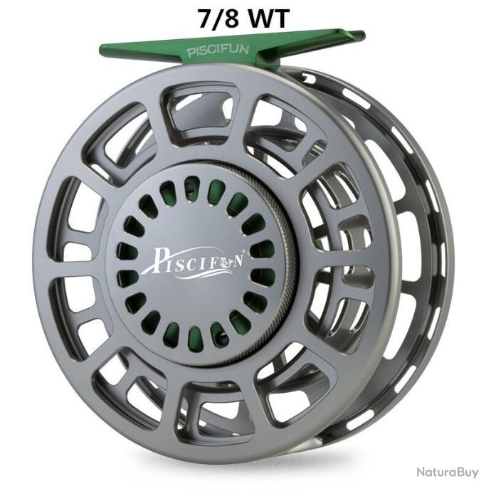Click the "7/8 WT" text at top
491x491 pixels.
[x=243, y=19]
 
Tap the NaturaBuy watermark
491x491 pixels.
[x=448, y=472]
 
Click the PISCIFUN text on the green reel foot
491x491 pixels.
[x=218, y=51]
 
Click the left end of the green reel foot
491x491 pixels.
[x=101, y=50]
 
